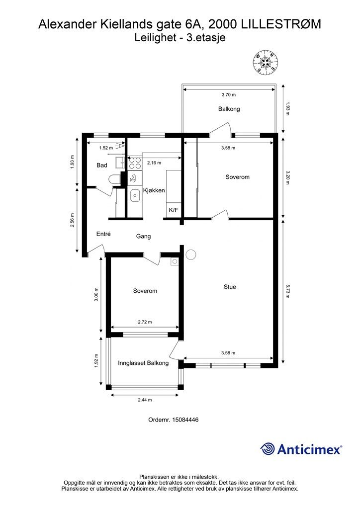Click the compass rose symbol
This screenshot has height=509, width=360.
point(266,62)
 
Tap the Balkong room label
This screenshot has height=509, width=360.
point(229,109)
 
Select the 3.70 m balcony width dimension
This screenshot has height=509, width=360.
point(229,95)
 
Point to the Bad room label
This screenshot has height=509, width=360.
point(101,165)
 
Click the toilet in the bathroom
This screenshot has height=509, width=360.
point(115,179)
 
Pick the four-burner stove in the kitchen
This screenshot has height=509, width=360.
point(134,163)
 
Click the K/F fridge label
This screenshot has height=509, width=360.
point(174,210)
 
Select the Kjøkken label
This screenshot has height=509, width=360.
point(154,190)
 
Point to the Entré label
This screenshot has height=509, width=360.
point(103,234)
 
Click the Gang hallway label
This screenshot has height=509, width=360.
point(143,236)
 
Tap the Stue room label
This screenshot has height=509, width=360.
point(230,287)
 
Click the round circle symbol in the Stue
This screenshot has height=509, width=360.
point(191,254)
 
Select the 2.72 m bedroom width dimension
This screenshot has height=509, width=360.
point(145,322)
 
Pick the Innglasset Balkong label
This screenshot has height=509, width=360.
point(143,363)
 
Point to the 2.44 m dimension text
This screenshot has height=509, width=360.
point(145,400)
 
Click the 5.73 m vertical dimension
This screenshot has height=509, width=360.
point(287,291)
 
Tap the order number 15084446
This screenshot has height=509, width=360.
point(185,420)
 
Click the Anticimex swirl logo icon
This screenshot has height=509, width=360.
point(267,449)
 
